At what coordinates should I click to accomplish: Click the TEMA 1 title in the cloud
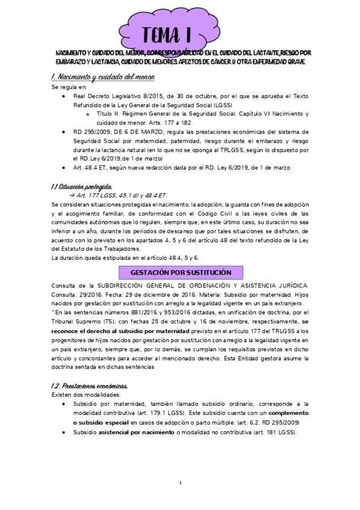(178, 33)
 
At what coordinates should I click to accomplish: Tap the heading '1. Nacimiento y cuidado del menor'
(103, 78)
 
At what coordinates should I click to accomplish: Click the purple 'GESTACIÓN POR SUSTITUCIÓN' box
(181, 272)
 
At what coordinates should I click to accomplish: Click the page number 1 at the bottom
(180, 483)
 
